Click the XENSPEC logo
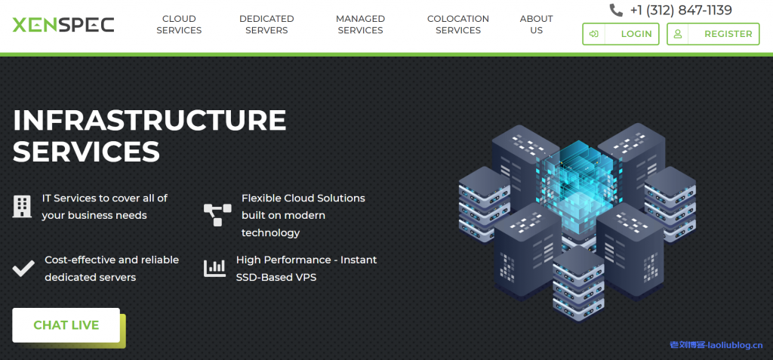tap(63, 24)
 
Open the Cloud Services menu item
tap(179, 25)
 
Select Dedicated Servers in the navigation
tap(266, 25)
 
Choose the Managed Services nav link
tap(360, 25)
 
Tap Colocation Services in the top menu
tap(458, 25)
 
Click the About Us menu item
tap(537, 25)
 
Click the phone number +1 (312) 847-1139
tap(681, 11)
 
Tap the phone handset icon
tap(617, 11)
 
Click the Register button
tap(713, 34)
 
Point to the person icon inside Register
tap(678, 34)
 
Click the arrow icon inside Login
tap(595, 34)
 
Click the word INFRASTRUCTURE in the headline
tap(149, 120)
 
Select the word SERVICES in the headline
tap(86, 152)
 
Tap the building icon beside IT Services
tap(23, 206)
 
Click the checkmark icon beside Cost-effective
tap(23, 268)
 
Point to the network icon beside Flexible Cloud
tap(217, 214)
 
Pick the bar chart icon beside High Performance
tap(215, 268)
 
